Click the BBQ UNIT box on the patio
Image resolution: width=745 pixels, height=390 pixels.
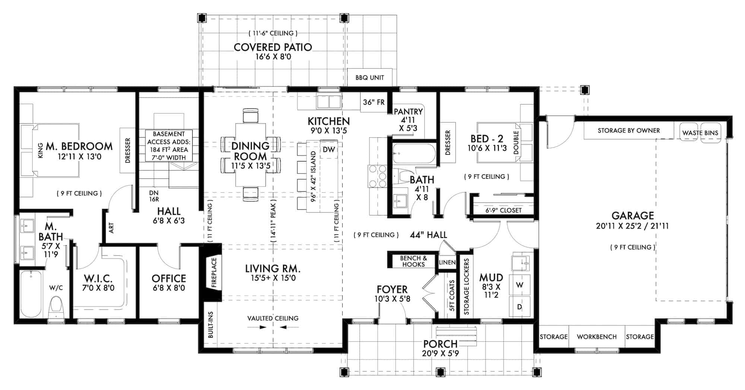(370, 78)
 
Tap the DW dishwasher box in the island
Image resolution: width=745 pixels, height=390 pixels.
(329, 150)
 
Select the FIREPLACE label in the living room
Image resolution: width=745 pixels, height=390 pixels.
(214, 273)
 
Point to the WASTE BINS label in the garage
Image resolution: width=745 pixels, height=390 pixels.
(700, 133)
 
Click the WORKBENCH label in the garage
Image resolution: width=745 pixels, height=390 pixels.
(597, 337)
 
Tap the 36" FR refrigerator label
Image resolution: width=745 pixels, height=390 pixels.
(374, 102)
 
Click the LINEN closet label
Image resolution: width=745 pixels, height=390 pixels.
(447, 262)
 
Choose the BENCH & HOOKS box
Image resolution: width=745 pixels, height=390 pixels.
(413, 261)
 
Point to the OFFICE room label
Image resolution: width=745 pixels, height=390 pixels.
(169, 279)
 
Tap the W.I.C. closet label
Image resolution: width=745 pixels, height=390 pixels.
(98, 279)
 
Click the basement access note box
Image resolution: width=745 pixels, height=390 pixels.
(169, 145)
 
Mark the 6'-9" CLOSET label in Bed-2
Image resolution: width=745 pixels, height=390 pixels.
(503, 210)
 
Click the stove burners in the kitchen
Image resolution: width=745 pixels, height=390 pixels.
(377, 176)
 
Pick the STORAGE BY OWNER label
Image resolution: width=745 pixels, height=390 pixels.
(628, 130)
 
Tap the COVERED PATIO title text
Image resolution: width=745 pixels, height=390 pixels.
(273, 47)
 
